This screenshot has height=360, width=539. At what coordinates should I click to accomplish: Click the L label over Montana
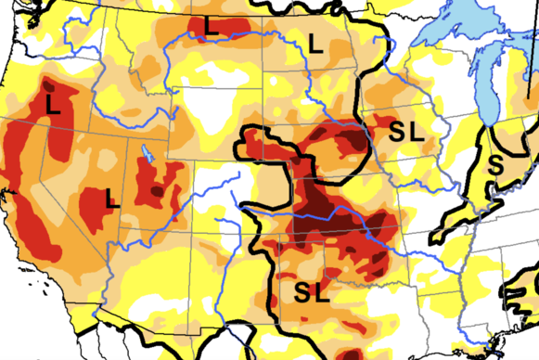(x=212, y=28)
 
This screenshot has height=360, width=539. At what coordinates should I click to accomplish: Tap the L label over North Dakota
(x=315, y=42)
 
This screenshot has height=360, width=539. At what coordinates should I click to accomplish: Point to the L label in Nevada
(x=111, y=197)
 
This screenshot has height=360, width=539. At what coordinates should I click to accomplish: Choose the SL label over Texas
(x=312, y=292)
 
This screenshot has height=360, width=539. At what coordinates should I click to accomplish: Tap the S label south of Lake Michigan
(x=497, y=167)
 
